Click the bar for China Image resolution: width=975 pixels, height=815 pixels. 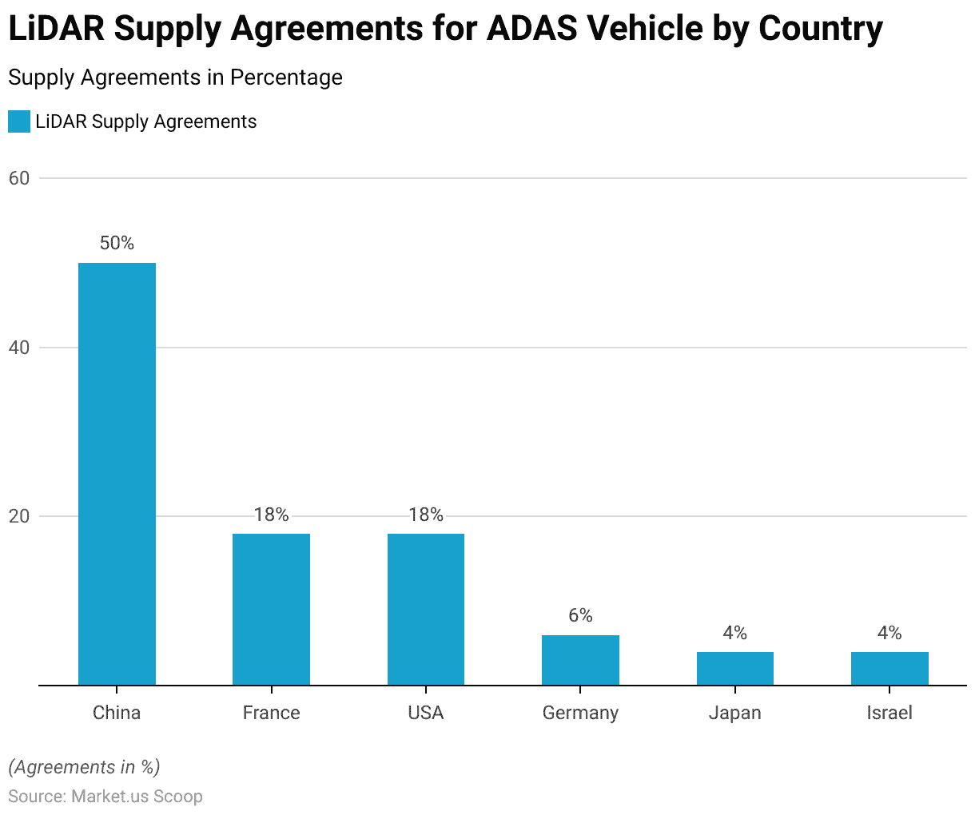click(x=117, y=474)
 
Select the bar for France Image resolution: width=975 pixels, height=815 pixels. click(x=271, y=609)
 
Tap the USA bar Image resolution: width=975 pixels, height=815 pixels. click(x=426, y=609)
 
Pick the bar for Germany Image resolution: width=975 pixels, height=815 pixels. click(x=580, y=660)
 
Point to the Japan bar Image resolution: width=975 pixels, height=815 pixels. click(x=735, y=669)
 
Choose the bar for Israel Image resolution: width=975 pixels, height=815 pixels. click(x=889, y=669)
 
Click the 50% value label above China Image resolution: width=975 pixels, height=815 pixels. click(x=117, y=244)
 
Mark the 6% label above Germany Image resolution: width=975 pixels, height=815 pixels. click(x=580, y=615)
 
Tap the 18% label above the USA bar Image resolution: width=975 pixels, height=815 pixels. click(x=426, y=515)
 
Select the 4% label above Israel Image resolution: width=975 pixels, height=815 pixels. click(x=889, y=634)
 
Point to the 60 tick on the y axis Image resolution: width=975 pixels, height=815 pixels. click(x=19, y=178)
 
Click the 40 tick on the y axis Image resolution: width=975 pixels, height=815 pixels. click(x=19, y=348)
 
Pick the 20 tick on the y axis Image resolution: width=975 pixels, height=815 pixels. click(x=19, y=517)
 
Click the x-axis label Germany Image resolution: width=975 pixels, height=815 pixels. click(x=580, y=713)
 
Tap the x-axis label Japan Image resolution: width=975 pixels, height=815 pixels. click(x=735, y=713)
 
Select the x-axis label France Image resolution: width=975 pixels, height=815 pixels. click(x=271, y=713)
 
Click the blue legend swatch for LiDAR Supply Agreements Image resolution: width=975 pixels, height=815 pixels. click(x=19, y=121)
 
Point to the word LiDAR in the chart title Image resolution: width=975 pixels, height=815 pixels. click(x=56, y=30)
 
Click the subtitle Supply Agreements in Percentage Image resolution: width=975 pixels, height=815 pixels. click(x=175, y=78)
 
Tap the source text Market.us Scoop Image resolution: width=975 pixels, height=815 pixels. click(x=137, y=797)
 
